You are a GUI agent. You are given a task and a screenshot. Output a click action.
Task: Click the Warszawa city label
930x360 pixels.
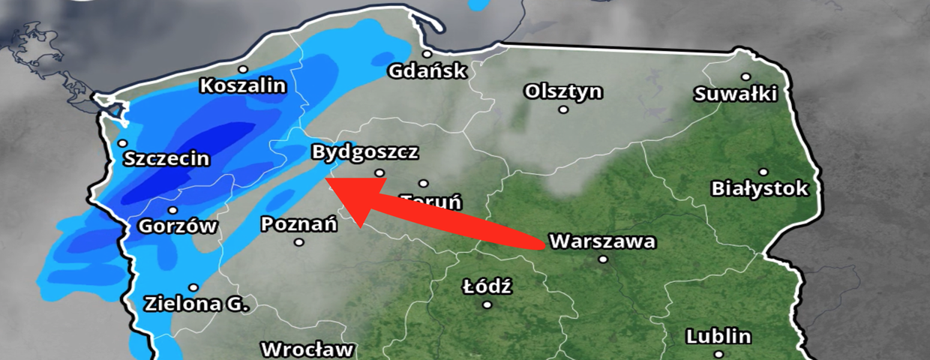pyautogui.click(x=602, y=242)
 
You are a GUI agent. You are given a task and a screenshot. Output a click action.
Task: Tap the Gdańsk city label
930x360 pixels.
pyautogui.click(x=427, y=71)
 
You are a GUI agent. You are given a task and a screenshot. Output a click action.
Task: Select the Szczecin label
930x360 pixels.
pyautogui.click(x=166, y=159)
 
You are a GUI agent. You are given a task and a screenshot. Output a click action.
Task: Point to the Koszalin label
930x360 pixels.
pyautogui.click(x=243, y=86)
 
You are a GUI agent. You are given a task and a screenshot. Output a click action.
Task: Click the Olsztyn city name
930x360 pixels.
pyautogui.click(x=563, y=91)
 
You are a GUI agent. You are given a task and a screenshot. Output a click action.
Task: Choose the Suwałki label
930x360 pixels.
pyautogui.click(x=736, y=94)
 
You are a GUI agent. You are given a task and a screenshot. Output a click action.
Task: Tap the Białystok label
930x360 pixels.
pyautogui.click(x=760, y=188)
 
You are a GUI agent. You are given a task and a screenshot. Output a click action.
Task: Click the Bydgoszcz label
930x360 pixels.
pyautogui.click(x=364, y=152)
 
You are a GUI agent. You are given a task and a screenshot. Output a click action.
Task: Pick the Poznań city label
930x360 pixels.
pyautogui.click(x=299, y=223)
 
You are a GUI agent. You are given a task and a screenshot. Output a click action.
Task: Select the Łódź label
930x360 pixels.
pyautogui.click(x=487, y=286)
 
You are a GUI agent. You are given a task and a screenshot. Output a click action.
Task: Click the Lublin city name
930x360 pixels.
pyautogui.click(x=718, y=336)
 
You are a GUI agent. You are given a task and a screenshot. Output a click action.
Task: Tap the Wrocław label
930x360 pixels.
pyautogui.click(x=307, y=349)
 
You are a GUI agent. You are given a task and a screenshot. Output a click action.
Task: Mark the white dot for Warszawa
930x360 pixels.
pyautogui.click(x=603, y=259)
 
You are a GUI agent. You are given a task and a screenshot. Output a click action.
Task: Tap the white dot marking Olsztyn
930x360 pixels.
pyautogui.click(x=563, y=109)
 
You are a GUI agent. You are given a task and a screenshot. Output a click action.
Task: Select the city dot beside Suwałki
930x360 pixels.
pyautogui.click(x=745, y=76)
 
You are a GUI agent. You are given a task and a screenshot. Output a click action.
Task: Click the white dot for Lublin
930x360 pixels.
pyautogui.click(x=718, y=353)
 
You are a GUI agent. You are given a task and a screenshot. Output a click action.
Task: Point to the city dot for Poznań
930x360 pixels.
pyautogui.click(x=299, y=241)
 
